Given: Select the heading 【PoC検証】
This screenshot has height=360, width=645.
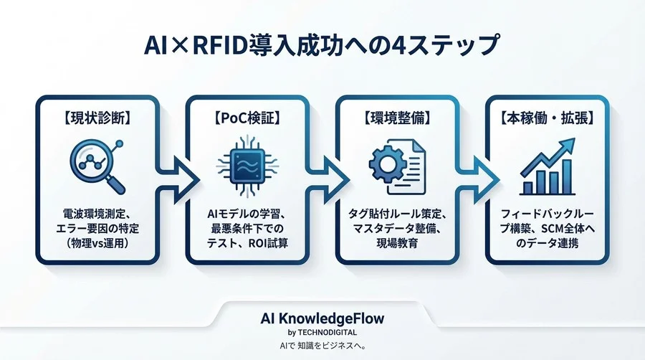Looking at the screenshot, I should [247, 117].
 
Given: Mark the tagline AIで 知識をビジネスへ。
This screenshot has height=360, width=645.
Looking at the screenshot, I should [322, 346].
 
